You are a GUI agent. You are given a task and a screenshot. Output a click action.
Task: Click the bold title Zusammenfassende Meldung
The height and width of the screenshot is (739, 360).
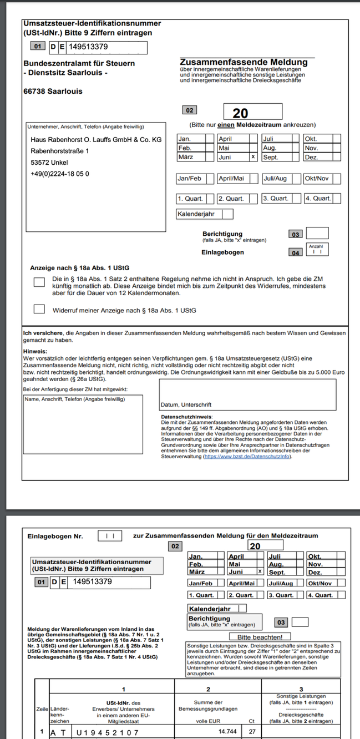(244, 62)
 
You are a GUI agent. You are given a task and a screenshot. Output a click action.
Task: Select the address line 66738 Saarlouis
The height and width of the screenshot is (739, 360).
(53, 91)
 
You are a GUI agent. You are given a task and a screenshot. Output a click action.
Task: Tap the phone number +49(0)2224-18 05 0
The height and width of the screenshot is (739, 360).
(60, 174)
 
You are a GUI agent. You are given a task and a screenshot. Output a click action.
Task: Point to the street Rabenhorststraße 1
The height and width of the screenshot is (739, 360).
(60, 151)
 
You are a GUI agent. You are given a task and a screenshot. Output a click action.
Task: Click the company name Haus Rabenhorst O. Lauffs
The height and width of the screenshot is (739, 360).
(96, 140)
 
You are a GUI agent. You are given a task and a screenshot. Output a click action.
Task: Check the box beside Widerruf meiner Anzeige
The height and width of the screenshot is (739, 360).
(39, 309)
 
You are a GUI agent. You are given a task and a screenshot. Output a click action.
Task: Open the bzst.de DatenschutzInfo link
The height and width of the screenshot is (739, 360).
(247, 456)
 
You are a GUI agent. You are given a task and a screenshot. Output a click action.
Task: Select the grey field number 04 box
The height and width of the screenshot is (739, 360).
(296, 252)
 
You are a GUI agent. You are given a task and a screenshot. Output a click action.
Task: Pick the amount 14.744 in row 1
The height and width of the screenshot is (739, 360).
(227, 732)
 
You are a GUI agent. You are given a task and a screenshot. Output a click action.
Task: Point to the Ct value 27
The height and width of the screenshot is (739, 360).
(252, 732)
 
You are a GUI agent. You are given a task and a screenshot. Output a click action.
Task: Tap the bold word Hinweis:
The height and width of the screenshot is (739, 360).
(35, 352)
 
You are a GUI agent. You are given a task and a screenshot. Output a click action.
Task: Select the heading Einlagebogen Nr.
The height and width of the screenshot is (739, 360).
(55, 536)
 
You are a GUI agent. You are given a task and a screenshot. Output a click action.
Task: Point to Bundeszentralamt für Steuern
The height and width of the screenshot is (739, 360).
(79, 64)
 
